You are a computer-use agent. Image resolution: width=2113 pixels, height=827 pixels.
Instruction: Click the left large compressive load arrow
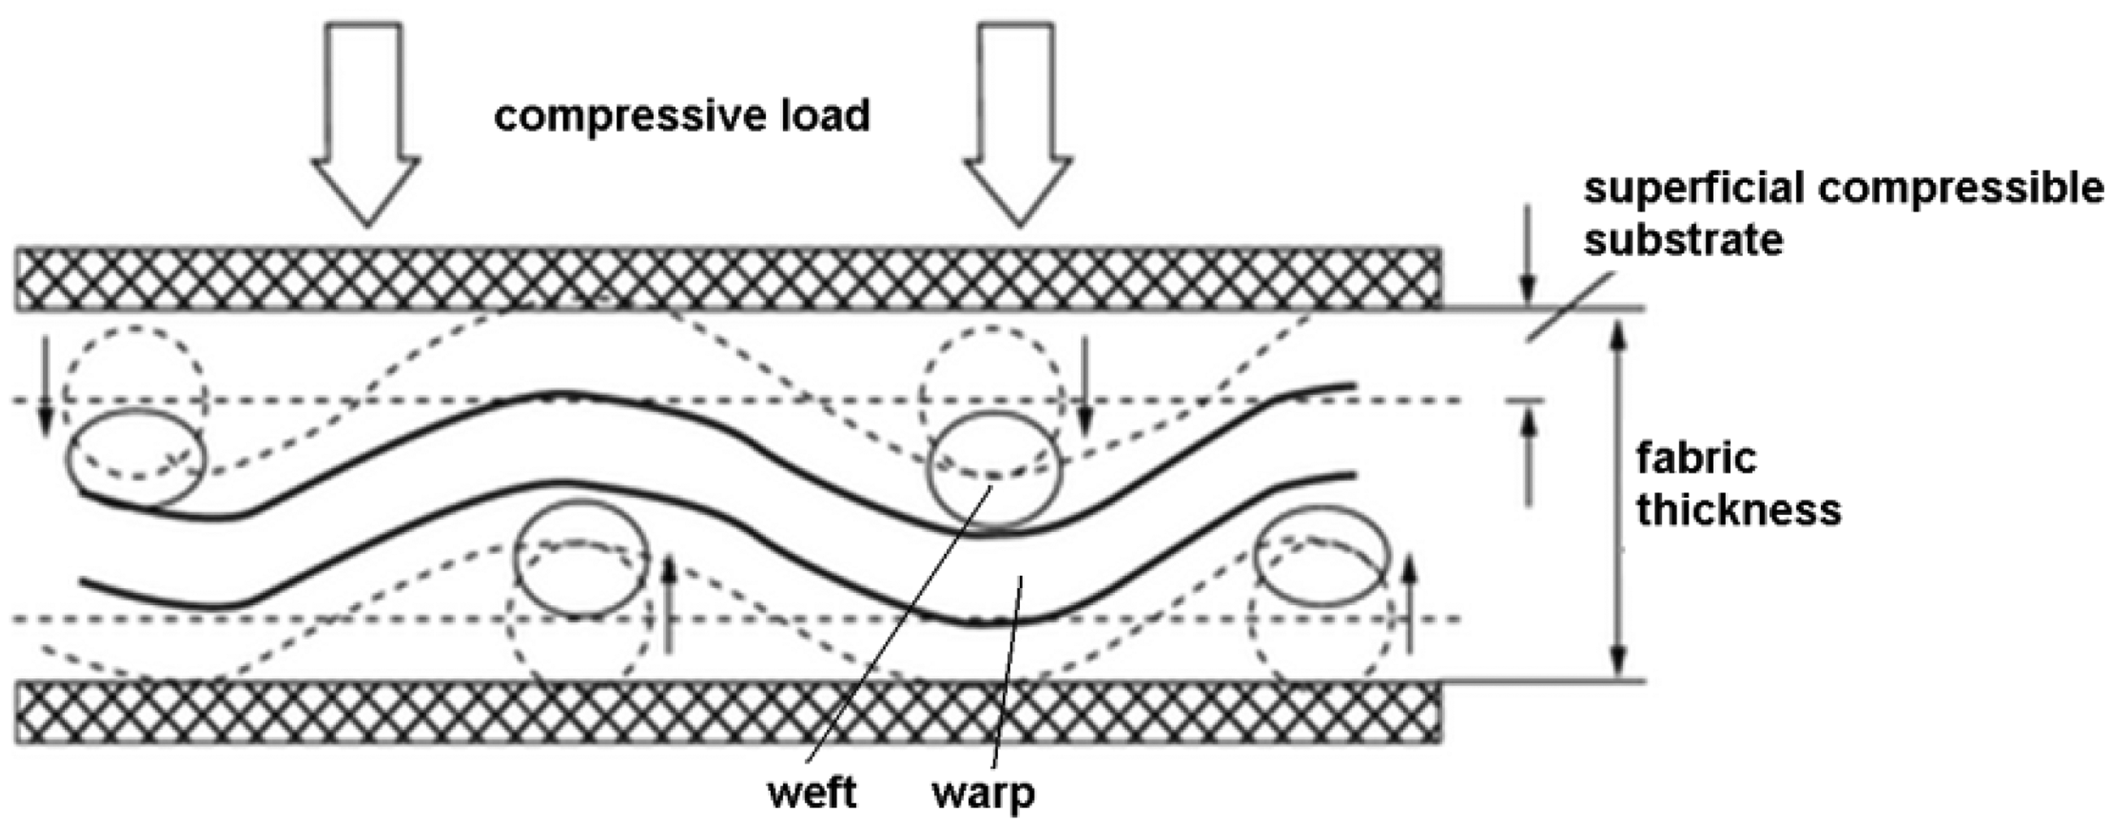click(366, 123)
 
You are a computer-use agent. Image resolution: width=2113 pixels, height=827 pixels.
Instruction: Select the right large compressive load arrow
click(1019, 123)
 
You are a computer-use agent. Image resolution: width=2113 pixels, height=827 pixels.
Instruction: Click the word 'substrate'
click(1684, 241)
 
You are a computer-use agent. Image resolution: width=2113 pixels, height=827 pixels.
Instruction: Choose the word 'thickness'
click(1739, 510)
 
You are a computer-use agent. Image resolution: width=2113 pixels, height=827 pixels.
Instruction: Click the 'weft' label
click(811, 793)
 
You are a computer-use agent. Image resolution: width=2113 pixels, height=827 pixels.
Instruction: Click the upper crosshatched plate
click(728, 279)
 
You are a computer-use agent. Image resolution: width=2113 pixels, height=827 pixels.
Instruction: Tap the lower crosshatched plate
click(728, 712)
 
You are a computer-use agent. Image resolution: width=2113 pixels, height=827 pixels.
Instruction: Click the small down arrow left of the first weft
click(45, 385)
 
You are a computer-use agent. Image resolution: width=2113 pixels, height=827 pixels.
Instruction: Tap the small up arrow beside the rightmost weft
click(1410, 603)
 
